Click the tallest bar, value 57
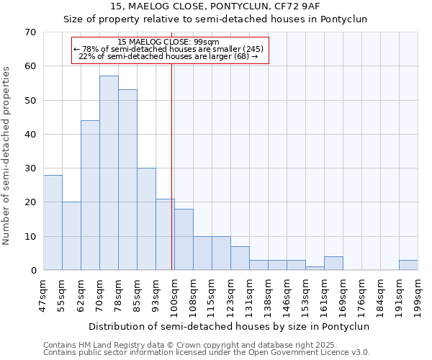pyautogui.click(x=109, y=173)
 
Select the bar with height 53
pyautogui.click(x=127, y=180)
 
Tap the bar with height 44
pyautogui.click(x=90, y=195)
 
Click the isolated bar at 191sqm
pyautogui.click(x=408, y=265)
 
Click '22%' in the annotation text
pyautogui.click(x=87, y=56)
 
